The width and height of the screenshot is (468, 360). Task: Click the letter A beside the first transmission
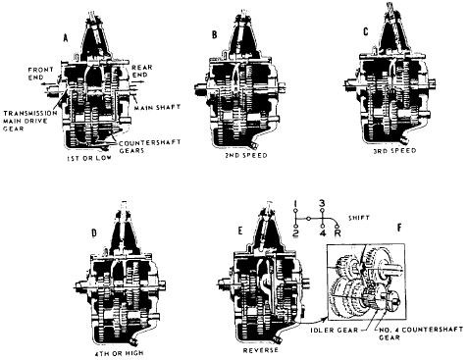tap(66, 38)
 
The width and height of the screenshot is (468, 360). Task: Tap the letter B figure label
tap(215, 34)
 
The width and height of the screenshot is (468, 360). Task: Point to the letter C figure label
tap(366, 31)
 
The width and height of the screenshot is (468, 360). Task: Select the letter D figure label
tap(94, 232)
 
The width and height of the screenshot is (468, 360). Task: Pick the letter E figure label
tap(240, 231)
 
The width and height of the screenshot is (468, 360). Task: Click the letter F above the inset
tap(399, 228)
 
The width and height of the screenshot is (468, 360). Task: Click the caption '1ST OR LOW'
tap(89, 158)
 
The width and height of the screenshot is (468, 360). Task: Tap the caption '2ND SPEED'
tap(246, 155)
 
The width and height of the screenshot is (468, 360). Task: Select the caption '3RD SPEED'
tap(394, 150)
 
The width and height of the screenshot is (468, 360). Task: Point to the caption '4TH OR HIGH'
tap(120, 353)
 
